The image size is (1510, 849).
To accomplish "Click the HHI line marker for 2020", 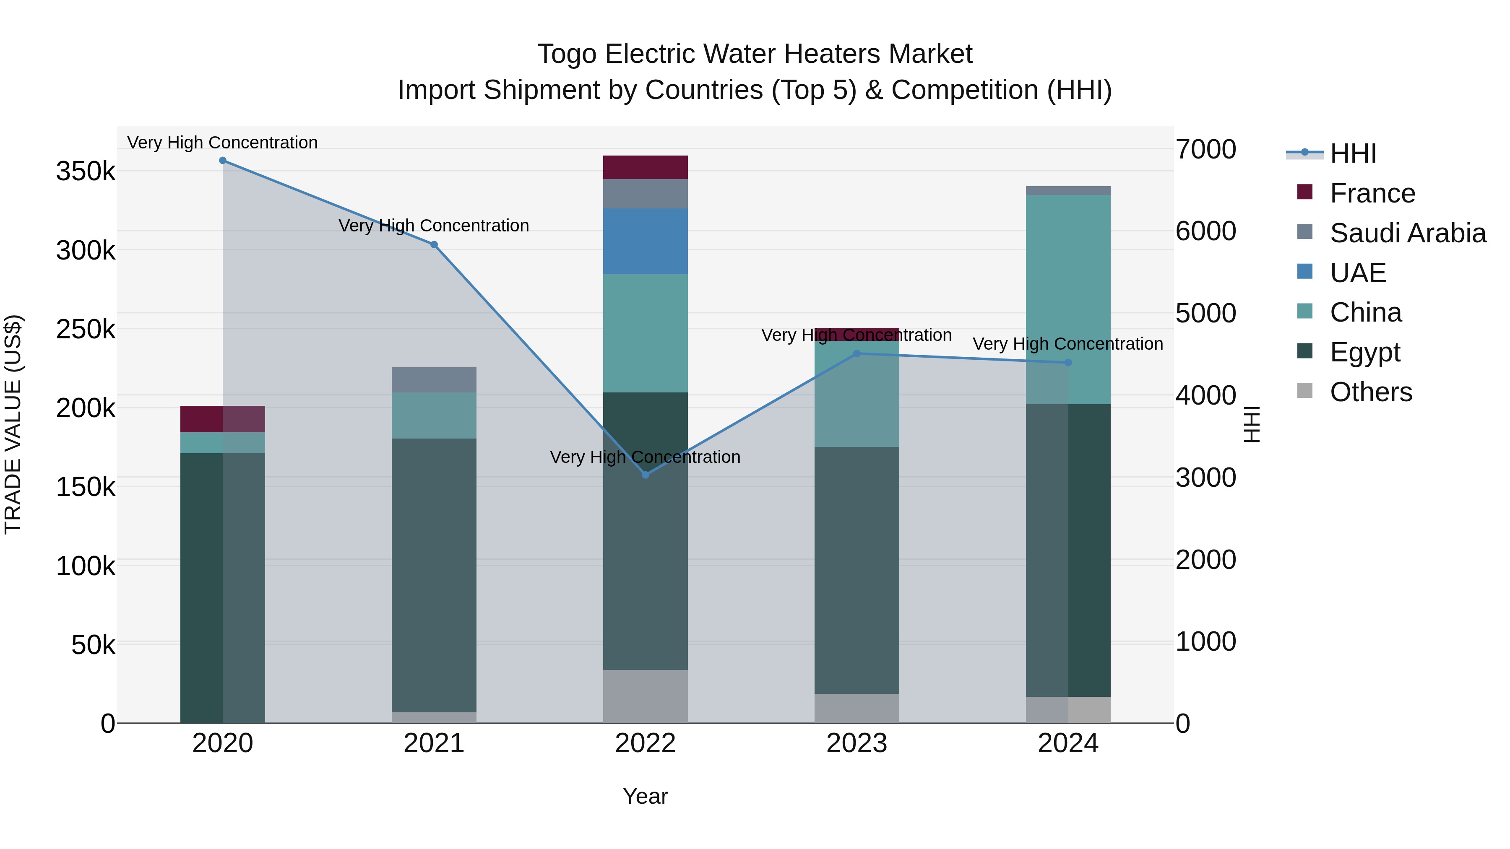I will [x=223, y=161].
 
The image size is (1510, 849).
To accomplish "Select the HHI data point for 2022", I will [x=646, y=475].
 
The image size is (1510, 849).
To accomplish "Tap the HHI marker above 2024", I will [x=1068, y=363].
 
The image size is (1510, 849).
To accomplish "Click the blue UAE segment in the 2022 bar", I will [x=646, y=241].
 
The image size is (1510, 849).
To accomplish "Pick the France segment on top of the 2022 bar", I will [x=646, y=168].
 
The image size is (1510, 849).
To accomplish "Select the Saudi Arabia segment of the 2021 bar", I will [x=434, y=380].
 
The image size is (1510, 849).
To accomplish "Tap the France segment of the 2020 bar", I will [x=223, y=419].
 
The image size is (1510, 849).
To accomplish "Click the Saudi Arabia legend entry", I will [x=1407, y=233].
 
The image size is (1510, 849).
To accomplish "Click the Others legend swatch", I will [x=1305, y=391].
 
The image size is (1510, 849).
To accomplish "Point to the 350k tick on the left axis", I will [x=86, y=171].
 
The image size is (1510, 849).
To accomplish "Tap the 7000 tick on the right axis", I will [x=1206, y=149].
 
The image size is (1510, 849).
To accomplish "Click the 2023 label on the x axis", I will [x=857, y=743].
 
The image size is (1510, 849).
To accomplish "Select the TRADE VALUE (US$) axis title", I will [x=13, y=424].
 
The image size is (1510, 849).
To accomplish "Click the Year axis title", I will [x=646, y=796].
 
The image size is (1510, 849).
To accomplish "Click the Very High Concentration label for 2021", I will [x=434, y=226].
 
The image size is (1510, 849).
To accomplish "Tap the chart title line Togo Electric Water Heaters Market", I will [x=755, y=54].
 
